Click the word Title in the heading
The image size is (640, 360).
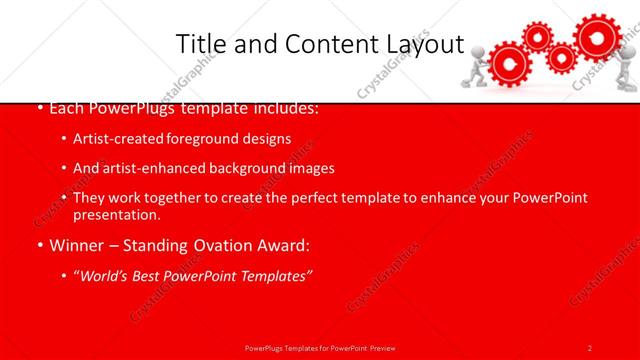(200, 44)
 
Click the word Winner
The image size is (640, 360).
(77, 245)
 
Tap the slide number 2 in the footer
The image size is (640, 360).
(590, 347)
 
